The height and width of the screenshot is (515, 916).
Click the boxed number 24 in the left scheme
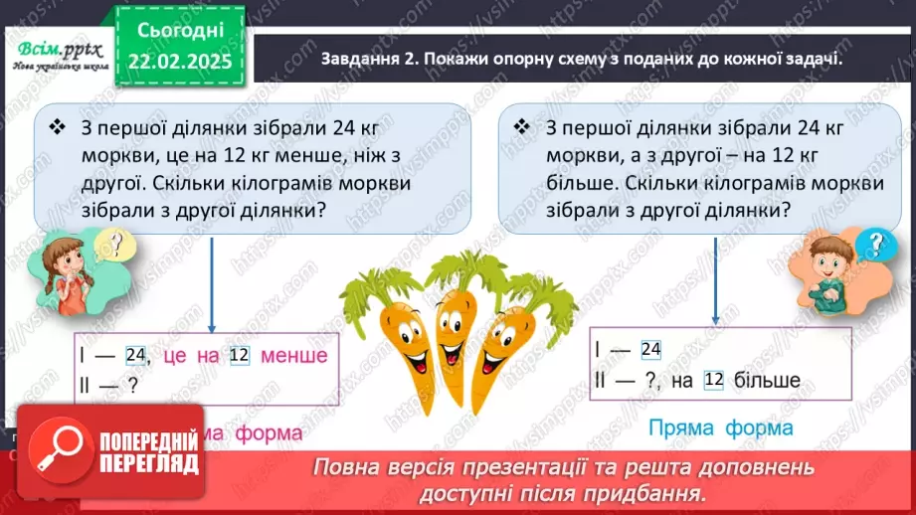tap(137, 356)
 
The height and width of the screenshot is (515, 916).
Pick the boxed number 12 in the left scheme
tap(238, 356)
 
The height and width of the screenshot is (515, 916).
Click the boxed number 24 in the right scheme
tap(651, 349)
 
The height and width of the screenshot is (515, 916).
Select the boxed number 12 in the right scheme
tap(712, 379)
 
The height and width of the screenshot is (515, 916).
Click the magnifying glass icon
tap(53, 452)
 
